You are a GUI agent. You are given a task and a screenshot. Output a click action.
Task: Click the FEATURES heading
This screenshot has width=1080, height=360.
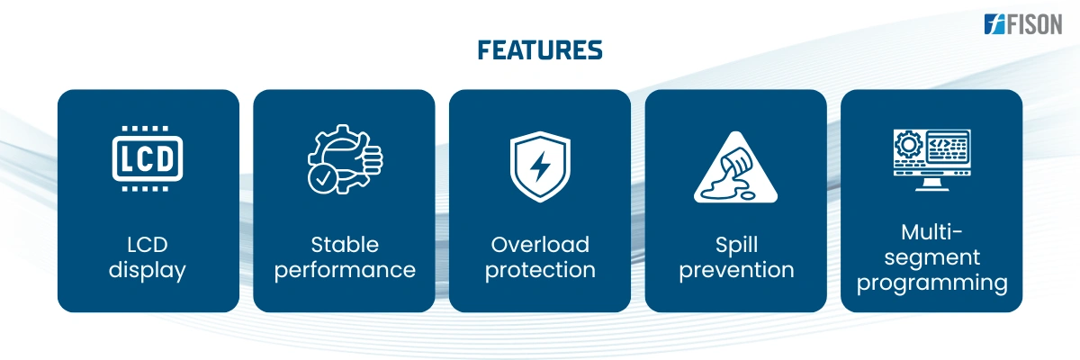[540, 50]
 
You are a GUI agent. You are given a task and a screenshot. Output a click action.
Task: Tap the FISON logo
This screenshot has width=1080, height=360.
[1023, 24]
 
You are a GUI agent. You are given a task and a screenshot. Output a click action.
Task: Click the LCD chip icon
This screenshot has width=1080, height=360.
[148, 158]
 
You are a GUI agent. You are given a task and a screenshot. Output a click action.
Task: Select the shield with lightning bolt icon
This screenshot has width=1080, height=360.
[540, 166]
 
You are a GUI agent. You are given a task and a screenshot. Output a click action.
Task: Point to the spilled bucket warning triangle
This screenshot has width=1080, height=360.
[736, 167]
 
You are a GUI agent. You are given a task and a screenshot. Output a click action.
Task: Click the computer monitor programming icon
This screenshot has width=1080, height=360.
[932, 159]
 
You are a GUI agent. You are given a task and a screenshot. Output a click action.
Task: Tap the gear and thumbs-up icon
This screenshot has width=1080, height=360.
[345, 159]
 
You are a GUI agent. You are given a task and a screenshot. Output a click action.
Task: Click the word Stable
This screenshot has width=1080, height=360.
[345, 245]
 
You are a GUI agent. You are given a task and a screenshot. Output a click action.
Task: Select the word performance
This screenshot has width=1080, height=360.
[345, 270]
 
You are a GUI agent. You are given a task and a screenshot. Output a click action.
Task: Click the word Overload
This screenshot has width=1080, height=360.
[540, 245]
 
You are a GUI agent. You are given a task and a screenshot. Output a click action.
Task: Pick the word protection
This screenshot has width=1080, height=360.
[540, 270]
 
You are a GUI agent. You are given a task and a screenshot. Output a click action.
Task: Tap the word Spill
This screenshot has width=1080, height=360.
[736, 246]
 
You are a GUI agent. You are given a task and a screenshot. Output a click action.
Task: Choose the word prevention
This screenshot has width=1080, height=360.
[736, 270]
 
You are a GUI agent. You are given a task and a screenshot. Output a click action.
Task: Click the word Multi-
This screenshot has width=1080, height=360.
[932, 232]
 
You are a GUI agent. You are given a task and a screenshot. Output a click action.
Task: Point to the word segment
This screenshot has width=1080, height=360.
[932, 257]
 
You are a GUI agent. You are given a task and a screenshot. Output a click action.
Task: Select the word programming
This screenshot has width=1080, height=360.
[932, 283]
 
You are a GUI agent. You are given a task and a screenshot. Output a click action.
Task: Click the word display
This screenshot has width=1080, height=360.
[148, 270]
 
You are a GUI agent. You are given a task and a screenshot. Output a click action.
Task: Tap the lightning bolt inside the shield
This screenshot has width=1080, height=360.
[540, 166]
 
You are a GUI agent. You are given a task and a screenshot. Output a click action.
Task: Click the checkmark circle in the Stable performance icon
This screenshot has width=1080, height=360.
[322, 179]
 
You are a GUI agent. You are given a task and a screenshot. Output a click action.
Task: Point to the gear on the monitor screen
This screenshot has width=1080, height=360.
[909, 145]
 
